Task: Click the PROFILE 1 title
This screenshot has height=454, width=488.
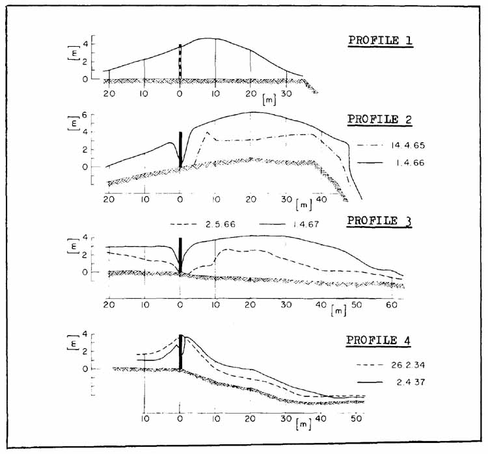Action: click(381, 40)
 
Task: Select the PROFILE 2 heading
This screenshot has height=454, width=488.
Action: click(381, 120)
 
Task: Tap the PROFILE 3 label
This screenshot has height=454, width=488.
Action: click(381, 220)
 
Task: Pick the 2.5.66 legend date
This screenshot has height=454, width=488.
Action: click(217, 224)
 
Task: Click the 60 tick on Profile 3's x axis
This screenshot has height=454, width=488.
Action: click(390, 304)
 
